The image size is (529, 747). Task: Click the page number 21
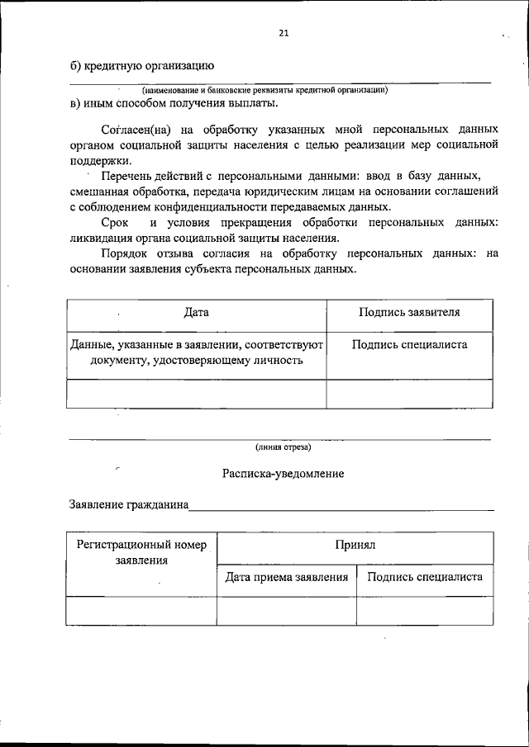(284, 34)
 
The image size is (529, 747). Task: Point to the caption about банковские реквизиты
(264, 89)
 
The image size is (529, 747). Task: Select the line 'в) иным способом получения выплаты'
(174, 103)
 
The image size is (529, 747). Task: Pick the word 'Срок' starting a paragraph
(114, 224)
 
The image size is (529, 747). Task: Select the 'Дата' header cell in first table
(197, 313)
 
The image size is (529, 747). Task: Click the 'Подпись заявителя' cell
(409, 313)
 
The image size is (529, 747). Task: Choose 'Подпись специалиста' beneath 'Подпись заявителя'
(409, 346)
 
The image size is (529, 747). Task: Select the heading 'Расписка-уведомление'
(283, 474)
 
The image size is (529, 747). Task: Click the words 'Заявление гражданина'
(127, 504)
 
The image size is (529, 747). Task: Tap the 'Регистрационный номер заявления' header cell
(141, 552)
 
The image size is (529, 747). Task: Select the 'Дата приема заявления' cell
(286, 578)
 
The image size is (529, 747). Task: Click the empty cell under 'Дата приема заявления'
(286, 610)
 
